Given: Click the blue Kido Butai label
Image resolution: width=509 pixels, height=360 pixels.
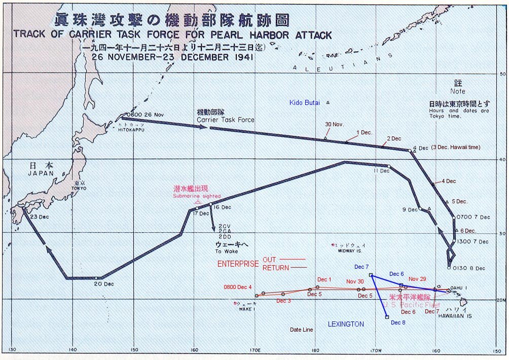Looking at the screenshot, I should point(305,102).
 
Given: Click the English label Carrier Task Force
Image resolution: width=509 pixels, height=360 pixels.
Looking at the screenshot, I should point(226,120).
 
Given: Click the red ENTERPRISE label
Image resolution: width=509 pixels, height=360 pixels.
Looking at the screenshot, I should point(237,264).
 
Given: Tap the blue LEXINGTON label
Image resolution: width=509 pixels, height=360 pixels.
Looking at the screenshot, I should point(345,324).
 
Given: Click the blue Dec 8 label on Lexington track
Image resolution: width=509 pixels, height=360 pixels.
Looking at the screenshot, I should point(398,322).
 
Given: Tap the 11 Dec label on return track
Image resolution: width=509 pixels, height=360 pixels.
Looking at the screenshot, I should point(381,171).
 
